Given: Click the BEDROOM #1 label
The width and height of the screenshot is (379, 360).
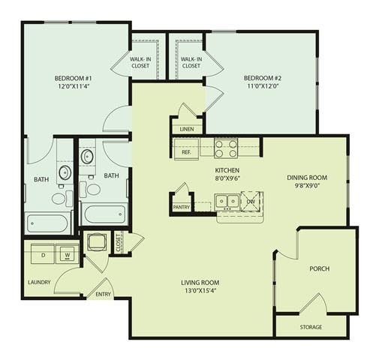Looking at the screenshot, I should click(73, 79).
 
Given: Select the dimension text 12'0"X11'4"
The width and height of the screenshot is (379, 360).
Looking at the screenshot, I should click(73, 87).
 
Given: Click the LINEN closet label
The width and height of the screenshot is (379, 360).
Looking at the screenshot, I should click(187, 129).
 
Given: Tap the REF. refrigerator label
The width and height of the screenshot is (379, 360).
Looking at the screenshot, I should click(187, 152).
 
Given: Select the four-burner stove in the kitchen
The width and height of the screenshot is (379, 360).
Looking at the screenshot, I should click(226, 148).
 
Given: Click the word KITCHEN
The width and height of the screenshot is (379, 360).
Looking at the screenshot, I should click(227, 170).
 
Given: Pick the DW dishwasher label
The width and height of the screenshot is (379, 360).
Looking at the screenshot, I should click(251, 201).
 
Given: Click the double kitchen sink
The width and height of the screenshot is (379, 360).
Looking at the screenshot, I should click(227, 201).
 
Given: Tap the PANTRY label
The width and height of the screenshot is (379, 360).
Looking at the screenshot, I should click(181, 206).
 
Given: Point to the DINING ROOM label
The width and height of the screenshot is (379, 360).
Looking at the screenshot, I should click(308, 178).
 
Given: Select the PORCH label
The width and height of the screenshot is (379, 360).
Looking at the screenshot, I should click(319, 268).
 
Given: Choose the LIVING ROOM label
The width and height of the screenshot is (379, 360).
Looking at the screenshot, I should click(199, 282).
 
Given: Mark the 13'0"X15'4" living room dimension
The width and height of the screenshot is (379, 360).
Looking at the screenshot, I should click(199, 291).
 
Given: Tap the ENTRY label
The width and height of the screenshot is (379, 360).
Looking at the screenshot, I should click(103, 294).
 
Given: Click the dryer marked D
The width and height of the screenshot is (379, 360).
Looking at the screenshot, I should click(43, 254).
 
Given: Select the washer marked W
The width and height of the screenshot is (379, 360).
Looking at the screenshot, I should click(68, 254).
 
